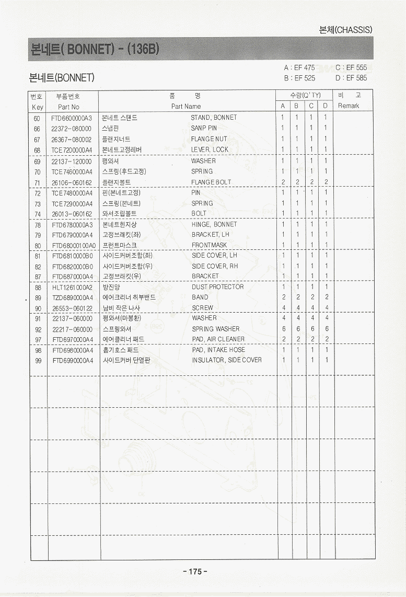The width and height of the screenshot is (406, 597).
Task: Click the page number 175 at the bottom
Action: (x=195, y=571)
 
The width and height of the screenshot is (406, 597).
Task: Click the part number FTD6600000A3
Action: (x=72, y=118)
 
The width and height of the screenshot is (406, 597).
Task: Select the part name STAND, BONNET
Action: (x=214, y=118)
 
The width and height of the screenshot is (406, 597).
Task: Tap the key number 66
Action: (x=37, y=129)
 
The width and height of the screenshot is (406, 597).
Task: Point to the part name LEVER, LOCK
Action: (x=210, y=150)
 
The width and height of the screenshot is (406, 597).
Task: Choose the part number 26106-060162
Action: (x=72, y=182)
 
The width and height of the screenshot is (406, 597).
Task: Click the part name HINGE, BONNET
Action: (x=214, y=224)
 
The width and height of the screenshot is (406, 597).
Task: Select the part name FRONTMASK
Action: (x=209, y=245)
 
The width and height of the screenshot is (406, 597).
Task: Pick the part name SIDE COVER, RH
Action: (x=215, y=266)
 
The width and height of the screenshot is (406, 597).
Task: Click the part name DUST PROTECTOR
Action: (x=217, y=286)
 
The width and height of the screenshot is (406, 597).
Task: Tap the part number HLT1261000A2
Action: (x=72, y=287)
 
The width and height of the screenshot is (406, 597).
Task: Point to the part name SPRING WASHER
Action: (x=215, y=329)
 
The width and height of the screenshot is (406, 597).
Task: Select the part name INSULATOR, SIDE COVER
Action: (x=227, y=360)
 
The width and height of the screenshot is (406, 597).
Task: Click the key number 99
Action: (x=37, y=360)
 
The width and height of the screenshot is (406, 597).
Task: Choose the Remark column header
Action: (x=349, y=106)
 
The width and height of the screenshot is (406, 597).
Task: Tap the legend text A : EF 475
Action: (x=299, y=68)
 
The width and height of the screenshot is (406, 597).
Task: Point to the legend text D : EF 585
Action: (x=351, y=78)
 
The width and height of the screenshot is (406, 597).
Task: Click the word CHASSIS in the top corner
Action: (x=354, y=30)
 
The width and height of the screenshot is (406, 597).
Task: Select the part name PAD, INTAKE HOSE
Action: (x=218, y=350)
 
